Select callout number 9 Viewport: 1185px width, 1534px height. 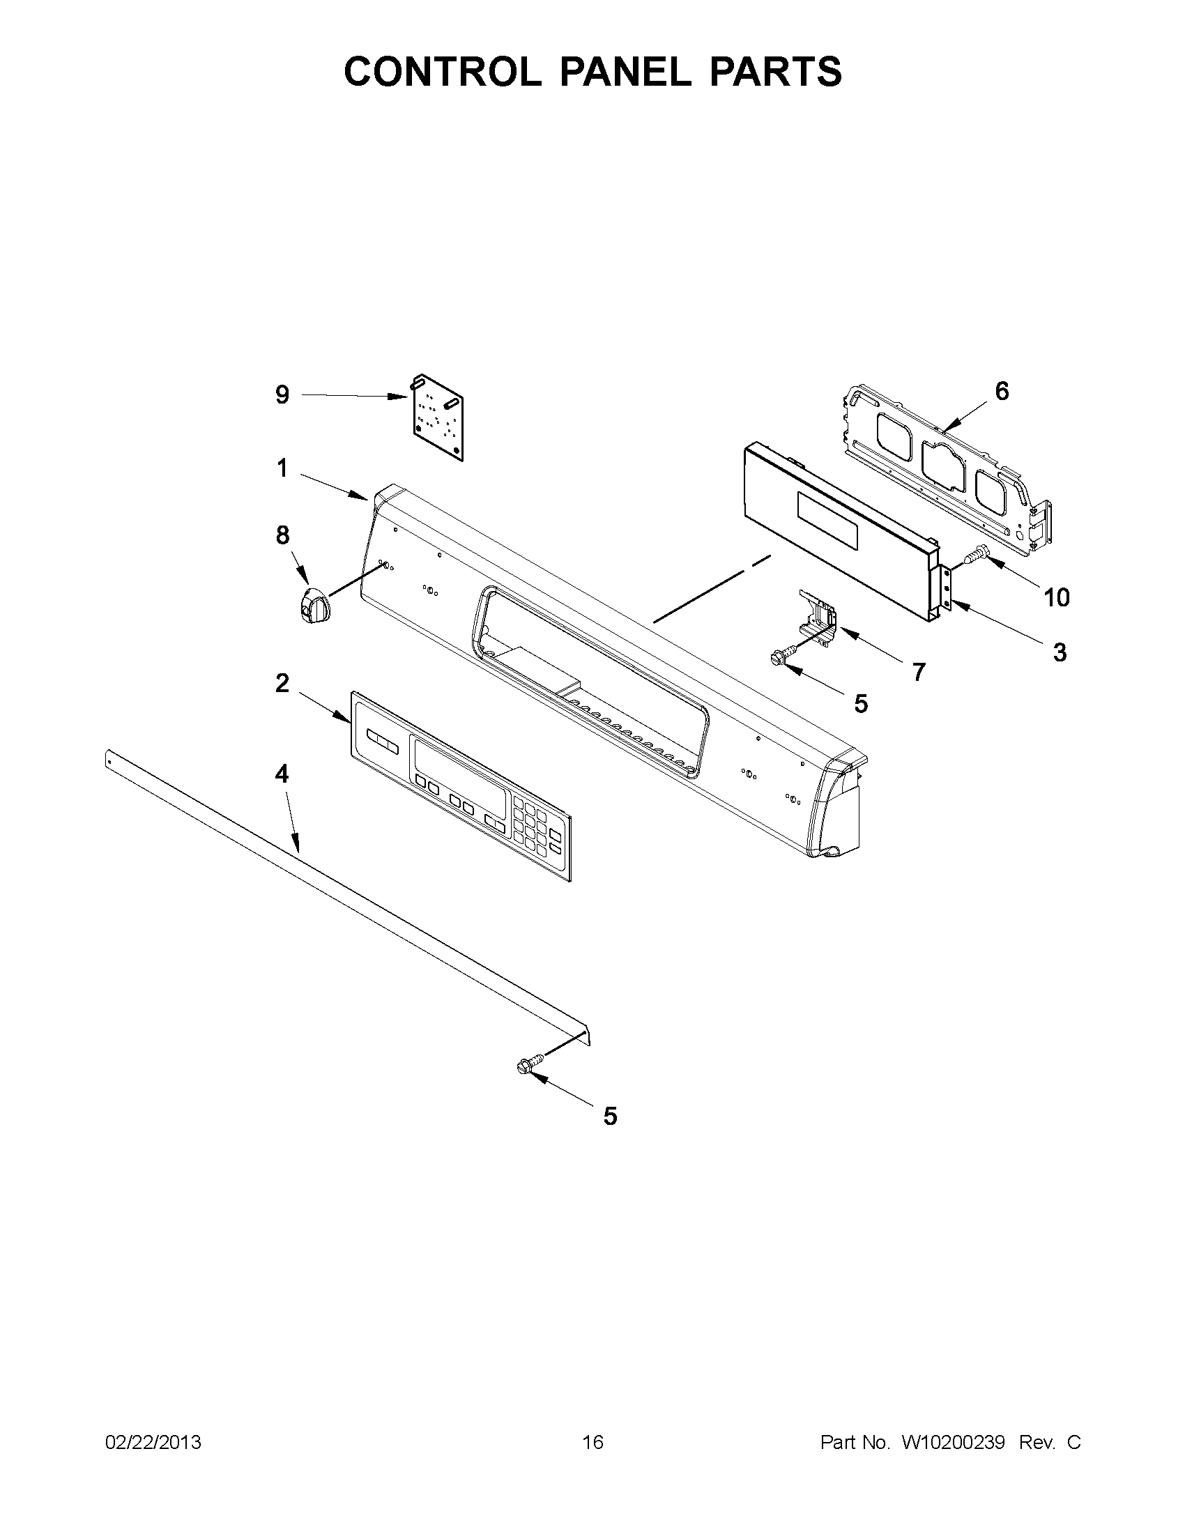coord(282,395)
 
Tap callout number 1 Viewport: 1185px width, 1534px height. coord(282,468)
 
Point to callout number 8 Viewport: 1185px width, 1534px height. coord(282,535)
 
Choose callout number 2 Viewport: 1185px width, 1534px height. coord(282,683)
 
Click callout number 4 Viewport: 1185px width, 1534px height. coord(282,774)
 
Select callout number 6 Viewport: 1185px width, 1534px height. coord(1002,391)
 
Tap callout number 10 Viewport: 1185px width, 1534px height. coord(1057,597)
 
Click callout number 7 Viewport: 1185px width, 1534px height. coord(918,672)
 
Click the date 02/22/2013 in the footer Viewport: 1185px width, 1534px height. coord(153,1443)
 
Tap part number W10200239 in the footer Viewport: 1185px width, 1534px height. coord(954,1443)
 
